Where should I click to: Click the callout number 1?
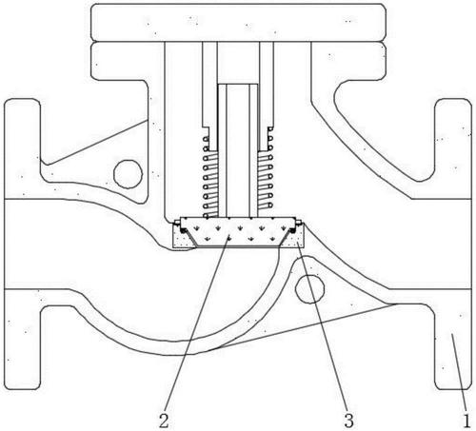click(466, 421)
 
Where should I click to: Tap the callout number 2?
click(164, 421)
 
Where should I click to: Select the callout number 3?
click(348, 421)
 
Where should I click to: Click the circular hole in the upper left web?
click(129, 174)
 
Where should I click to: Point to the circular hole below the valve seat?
click(309, 289)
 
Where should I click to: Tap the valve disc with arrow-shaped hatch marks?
click(238, 232)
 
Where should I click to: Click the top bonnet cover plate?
click(238, 23)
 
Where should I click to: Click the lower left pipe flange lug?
click(22, 340)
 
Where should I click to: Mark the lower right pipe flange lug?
click(453, 340)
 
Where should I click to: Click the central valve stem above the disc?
click(238, 150)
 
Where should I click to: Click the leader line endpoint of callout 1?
click(452, 336)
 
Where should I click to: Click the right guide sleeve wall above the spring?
click(267, 86)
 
